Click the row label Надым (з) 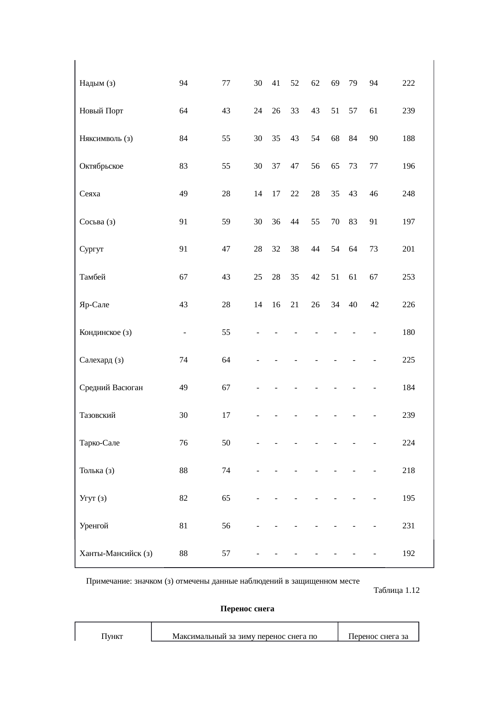pyautogui.click(x=97, y=83)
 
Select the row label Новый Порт pyautogui.click(x=101, y=111)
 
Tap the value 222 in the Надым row pyautogui.click(x=408, y=83)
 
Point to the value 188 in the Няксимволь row pyautogui.click(x=408, y=139)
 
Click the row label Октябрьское pyautogui.click(x=101, y=166)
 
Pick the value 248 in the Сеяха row pyautogui.click(x=408, y=194)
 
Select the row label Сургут pyautogui.click(x=91, y=249)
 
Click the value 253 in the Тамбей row pyautogui.click(x=408, y=277)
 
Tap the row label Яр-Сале pyautogui.click(x=94, y=305)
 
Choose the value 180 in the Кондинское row pyautogui.click(x=408, y=332)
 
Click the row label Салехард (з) pyautogui.click(x=101, y=360)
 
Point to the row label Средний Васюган pyautogui.click(x=111, y=388)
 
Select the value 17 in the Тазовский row pyautogui.click(x=226, y=415)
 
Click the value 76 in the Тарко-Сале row pyautogui.click(x=183, y=443)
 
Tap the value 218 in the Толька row pyautogui.click(x=408, y=471)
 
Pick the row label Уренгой pyautogui.click(x=94, y=526)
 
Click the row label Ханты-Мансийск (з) pyautogui.click(x=116, y=554)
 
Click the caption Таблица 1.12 pyautogui.click(x=396, y=590)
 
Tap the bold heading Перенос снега pyautogui.click(x=247, y=609)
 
